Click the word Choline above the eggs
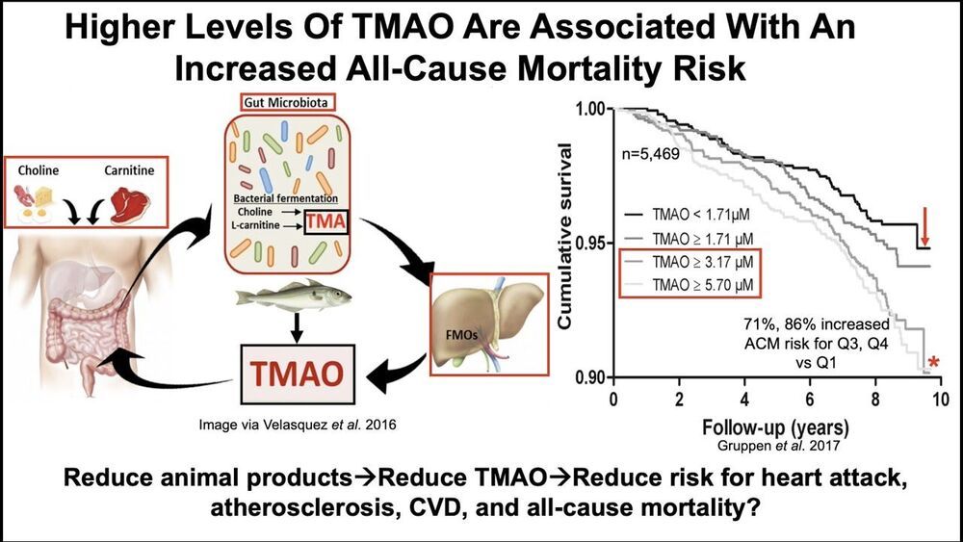pyautogui.click(x=38, y=171)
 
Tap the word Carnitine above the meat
pyautogui.click(x=131, y=171)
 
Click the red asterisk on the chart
pyautogui.click(x=933, y=364)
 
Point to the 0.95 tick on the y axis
pyautogui.click(x=588, y=243)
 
